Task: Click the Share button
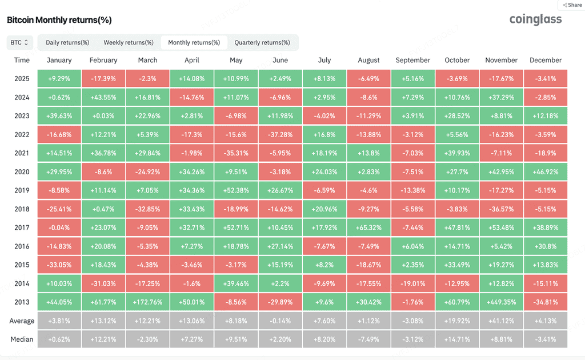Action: point(572,5)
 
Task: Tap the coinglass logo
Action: point(535,19)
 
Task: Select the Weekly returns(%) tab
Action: point(129,42)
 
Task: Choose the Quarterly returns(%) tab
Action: point(262,42)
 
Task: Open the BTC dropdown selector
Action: point(19,42)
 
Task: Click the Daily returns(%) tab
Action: point(67,42)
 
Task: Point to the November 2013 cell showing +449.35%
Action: point(501,302)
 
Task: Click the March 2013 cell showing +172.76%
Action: point(148,302)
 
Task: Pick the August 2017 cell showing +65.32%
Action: point(368,227)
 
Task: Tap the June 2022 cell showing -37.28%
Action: point(280,134)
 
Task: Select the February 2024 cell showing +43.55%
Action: point(103,97)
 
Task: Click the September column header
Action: point(412,60)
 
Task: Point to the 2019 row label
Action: point(22,190)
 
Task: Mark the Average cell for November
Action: point(501,321)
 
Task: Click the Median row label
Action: point(22,339)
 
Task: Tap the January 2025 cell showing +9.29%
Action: point(59,79)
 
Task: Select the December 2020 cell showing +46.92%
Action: point(546,171)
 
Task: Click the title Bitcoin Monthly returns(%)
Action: point(59,20)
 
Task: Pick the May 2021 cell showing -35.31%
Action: point(236,153)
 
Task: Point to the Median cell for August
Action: point(368,339)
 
